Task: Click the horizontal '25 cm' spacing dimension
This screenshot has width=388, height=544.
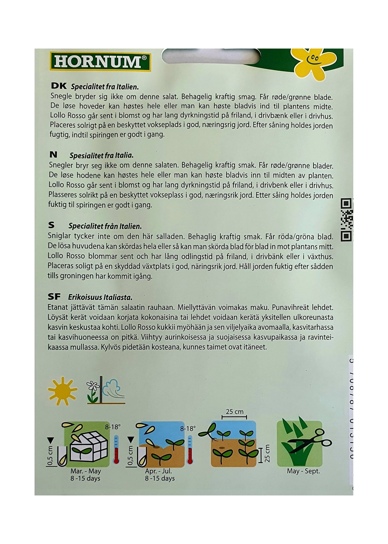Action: tap(234, 412)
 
